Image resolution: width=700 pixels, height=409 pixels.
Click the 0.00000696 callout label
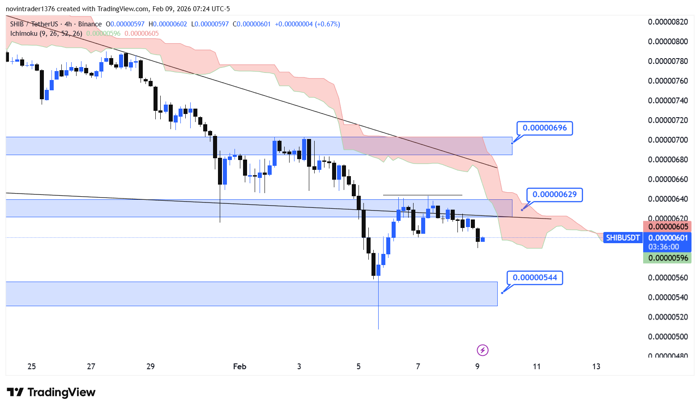[x=544, y=128]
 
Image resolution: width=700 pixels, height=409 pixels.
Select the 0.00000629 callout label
[x=555, y=195]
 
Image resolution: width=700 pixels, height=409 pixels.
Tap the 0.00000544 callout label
[x=535, y=278]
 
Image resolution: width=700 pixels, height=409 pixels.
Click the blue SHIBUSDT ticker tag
[x=622, y=238]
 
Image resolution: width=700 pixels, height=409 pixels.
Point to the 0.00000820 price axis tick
[x=668, y=22]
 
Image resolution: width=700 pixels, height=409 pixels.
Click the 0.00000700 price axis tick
[x=668, y=140]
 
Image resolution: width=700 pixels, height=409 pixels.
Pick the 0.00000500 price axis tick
[x=668, y=337]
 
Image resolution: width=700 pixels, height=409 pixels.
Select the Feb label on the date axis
[x=239, y=367]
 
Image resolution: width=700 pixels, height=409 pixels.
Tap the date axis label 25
[x=31, y=367]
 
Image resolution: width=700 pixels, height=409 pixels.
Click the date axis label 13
[x=596, y=367]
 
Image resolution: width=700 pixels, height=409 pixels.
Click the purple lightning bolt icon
[x=482, y=350]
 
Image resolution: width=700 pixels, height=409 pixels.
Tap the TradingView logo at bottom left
[x=51, y=392]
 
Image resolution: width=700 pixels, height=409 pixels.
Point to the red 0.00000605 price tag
[x=668, y=227]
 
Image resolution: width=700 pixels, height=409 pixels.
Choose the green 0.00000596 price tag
[x=668, y=258]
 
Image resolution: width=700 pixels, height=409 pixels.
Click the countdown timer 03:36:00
[x=663, y=247]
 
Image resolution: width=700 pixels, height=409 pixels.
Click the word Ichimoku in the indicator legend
[x=24, y=34]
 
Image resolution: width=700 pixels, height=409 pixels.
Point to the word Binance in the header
[x=90, y=24]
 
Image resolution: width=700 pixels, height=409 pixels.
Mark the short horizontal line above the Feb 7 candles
[x=423, y=195]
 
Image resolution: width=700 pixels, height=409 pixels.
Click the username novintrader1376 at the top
[x=30, y=9]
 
